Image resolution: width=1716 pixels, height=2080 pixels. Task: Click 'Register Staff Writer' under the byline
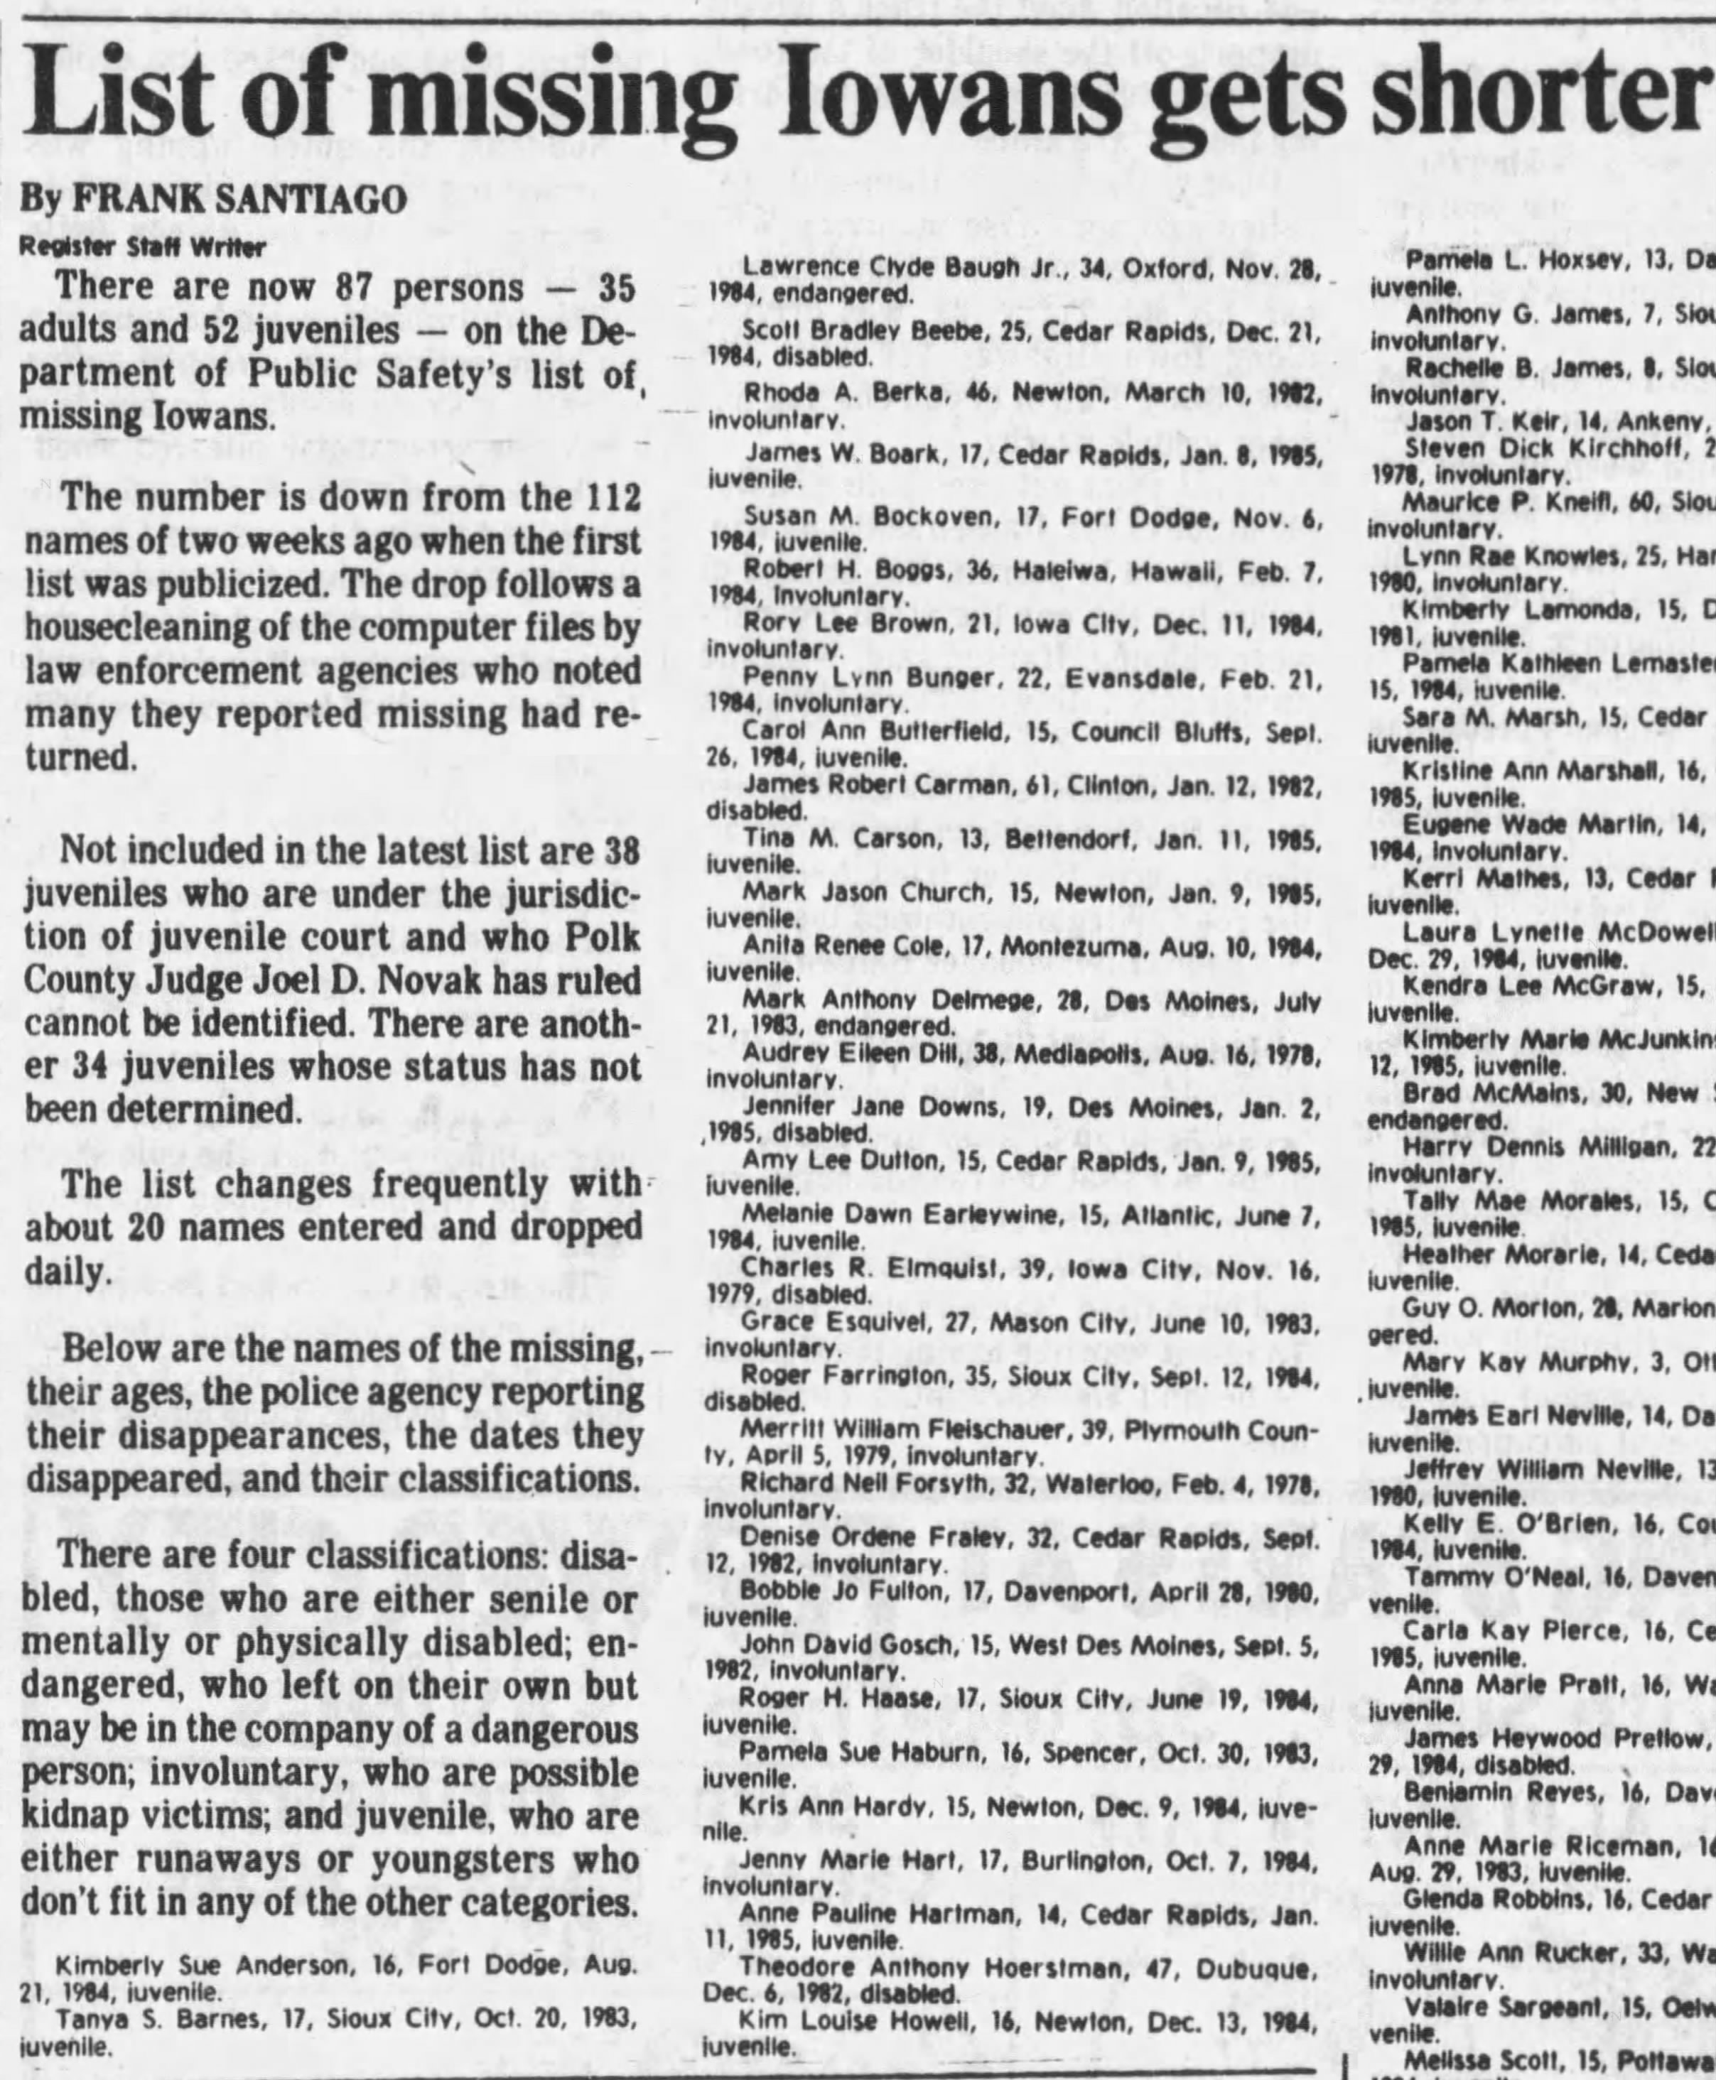coord(144,247)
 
